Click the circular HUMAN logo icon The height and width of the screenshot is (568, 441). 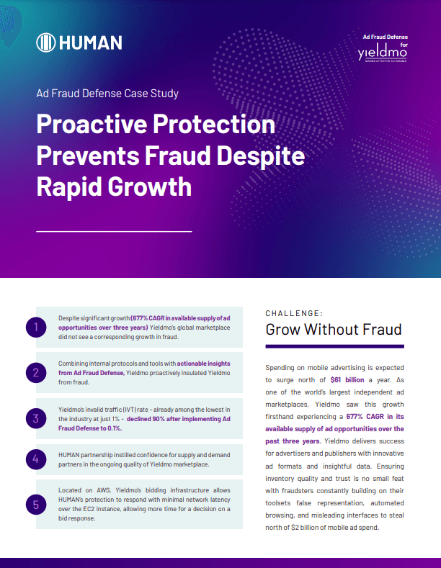coord(45,42)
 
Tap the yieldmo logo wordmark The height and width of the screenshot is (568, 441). coord(382,53)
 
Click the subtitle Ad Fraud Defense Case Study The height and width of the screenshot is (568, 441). coord(107,94)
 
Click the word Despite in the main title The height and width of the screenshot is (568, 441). coord(261,156)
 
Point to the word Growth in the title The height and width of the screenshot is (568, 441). coord(149,187)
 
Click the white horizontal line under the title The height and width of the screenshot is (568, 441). coord(114,231)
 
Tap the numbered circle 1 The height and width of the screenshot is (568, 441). coord(36,328)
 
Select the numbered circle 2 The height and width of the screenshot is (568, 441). coord(36,373)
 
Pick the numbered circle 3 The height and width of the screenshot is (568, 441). coord(36,418)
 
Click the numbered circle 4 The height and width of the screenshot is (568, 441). coord(36,459)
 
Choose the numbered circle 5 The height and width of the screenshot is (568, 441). coord(36,505)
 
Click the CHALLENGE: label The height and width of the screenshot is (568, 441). coord(294,313)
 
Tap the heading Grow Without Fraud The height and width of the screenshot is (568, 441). coord(334,329)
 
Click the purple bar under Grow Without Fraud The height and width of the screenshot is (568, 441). coord(335,347)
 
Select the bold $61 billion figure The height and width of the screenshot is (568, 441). coord(347,380)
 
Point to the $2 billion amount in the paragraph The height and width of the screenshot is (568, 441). coord(306,528)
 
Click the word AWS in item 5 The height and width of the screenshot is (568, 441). coord(103,490)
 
